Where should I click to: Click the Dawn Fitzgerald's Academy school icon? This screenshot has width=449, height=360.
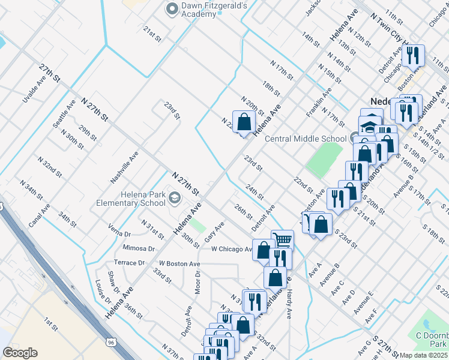pos(170,8)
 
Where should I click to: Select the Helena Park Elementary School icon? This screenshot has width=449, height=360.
pos(174,198)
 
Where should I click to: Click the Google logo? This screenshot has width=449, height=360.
pos(20,353)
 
